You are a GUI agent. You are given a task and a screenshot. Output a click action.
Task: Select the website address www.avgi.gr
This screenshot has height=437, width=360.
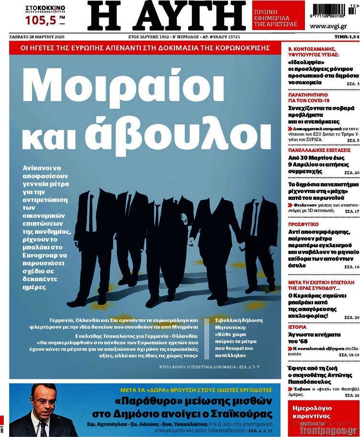[328, 26]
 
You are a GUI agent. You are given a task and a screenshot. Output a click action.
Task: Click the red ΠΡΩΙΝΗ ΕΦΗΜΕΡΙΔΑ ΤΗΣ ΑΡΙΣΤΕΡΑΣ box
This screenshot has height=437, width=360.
[278, 15]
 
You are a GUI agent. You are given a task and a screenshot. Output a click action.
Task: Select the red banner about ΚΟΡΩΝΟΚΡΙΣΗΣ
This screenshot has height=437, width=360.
[145, 47]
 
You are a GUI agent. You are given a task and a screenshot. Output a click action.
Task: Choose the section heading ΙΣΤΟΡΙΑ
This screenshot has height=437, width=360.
[297, 327]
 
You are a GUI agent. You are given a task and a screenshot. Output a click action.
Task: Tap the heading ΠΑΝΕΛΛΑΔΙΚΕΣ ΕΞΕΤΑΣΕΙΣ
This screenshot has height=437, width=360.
[319, 150]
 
